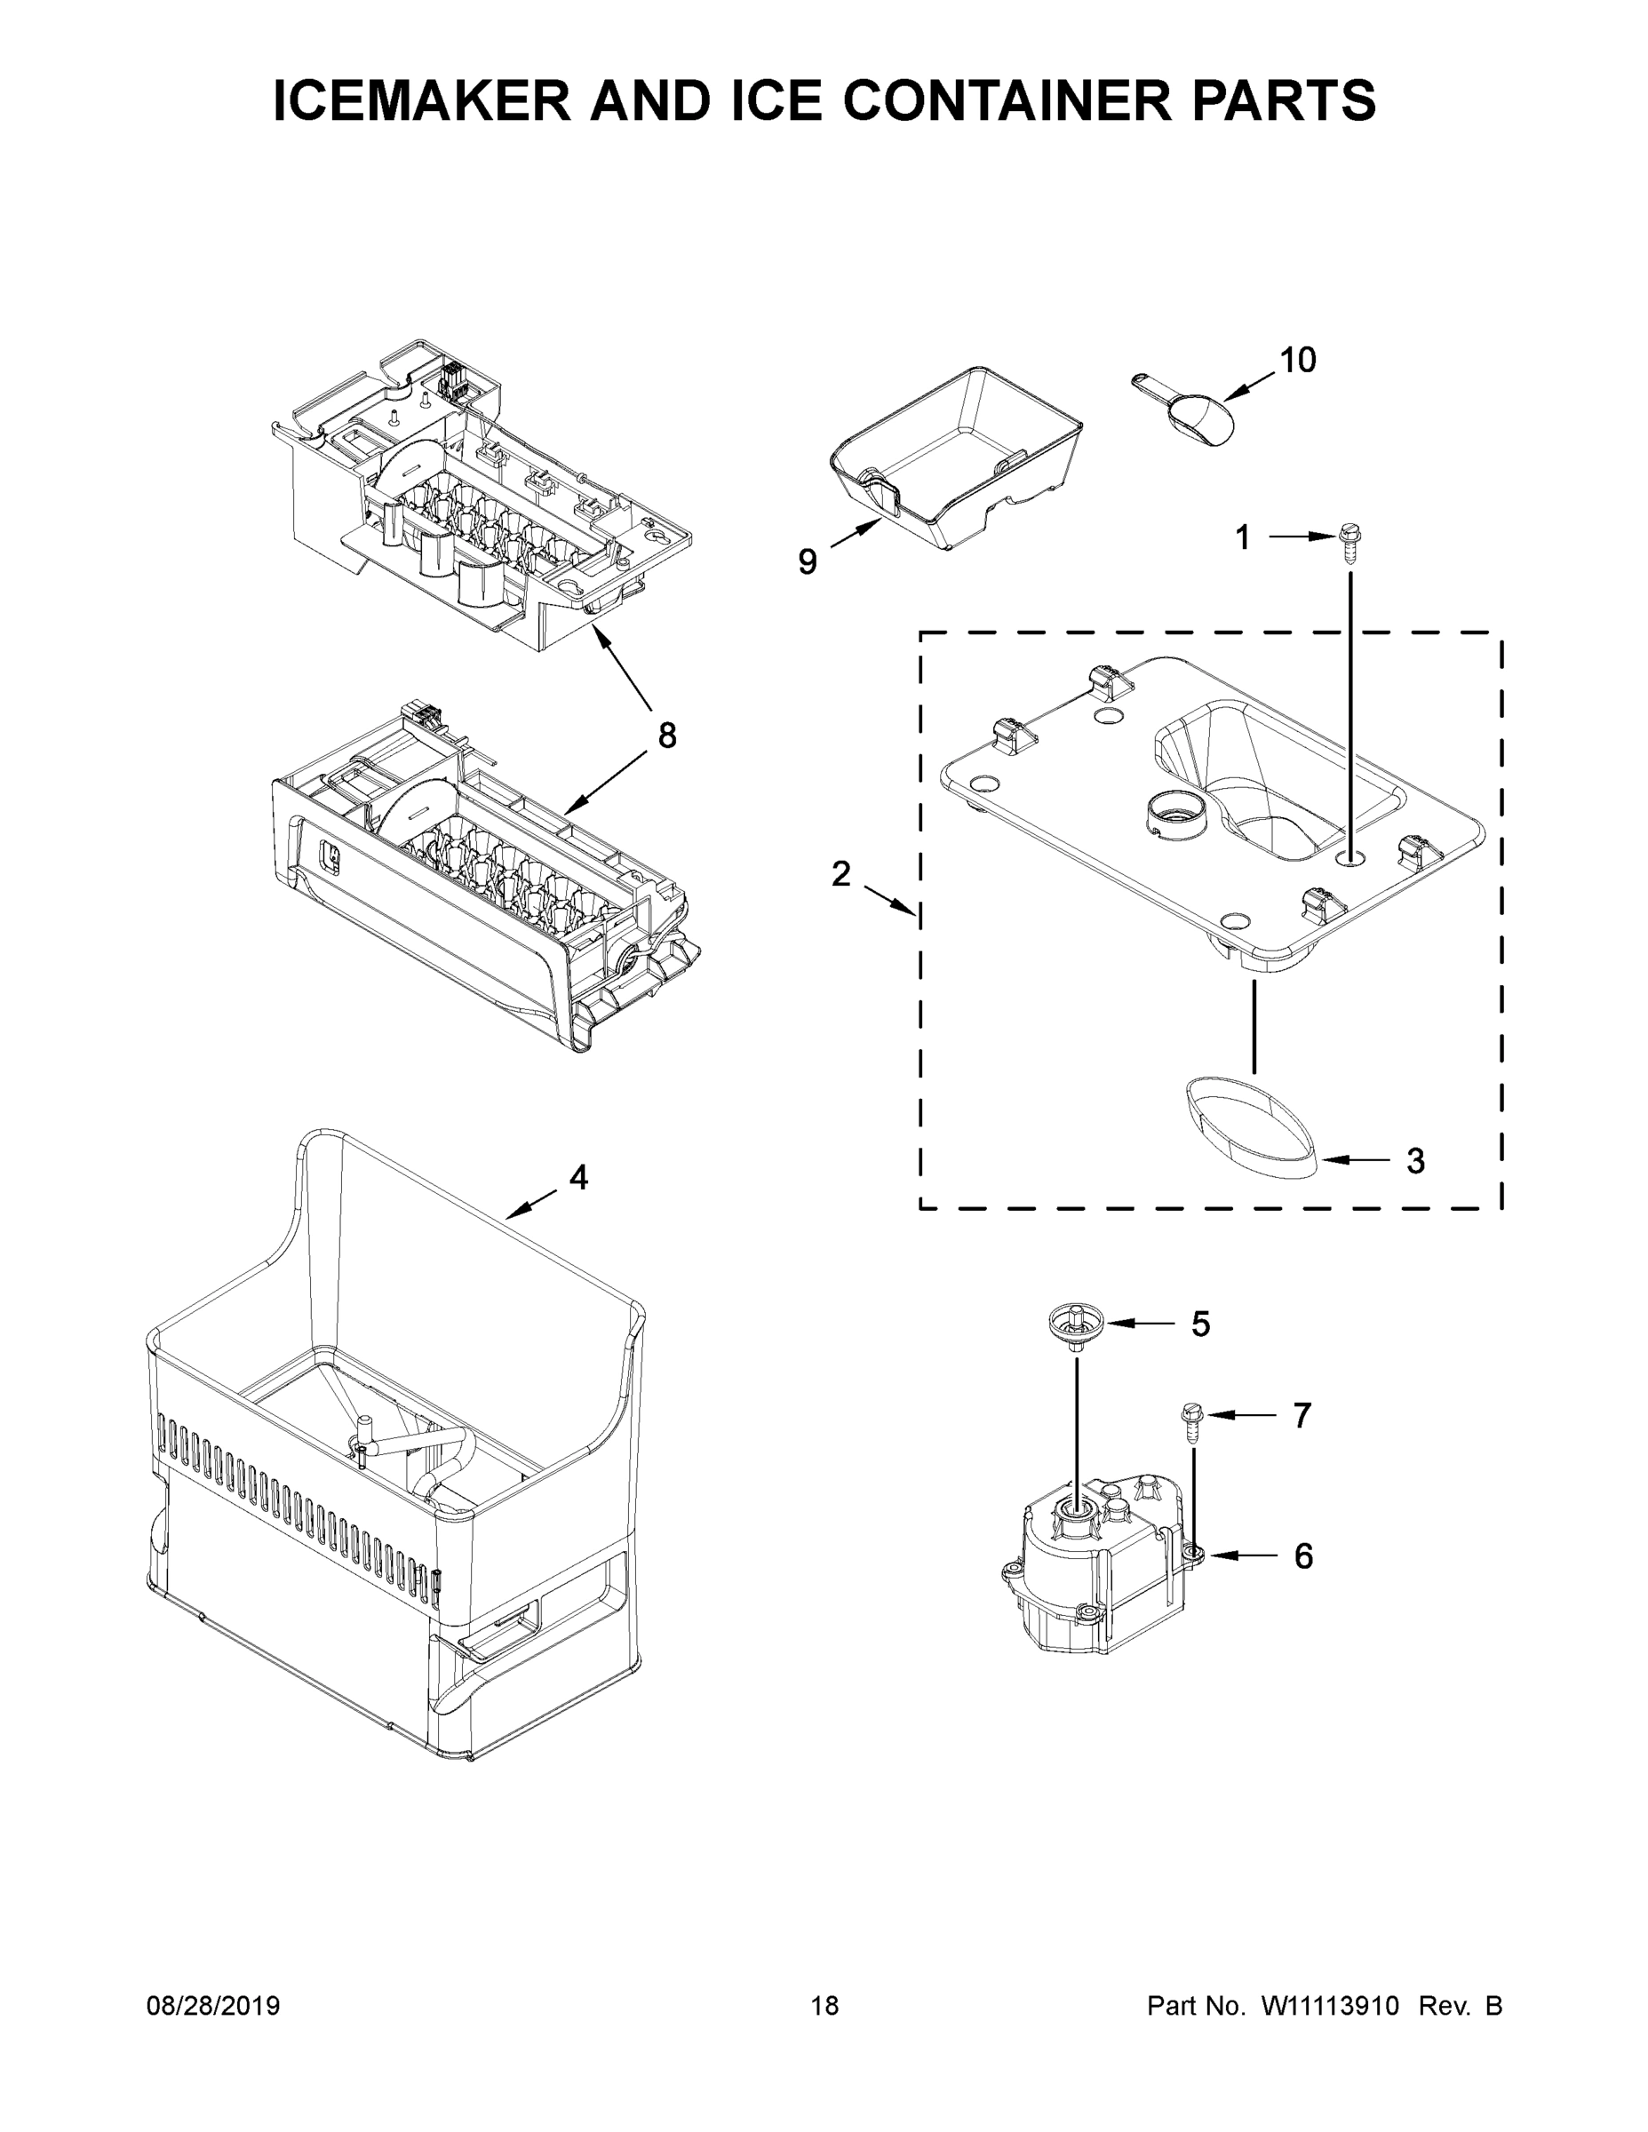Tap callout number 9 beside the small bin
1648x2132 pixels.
[x=807, y=561]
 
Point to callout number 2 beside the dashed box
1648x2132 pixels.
[x=840, y=874]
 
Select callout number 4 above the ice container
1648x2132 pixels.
[x=579, y=1177]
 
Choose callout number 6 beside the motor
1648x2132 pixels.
[x=1303, y=1556]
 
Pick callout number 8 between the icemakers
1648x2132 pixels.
[x=667, y=735]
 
